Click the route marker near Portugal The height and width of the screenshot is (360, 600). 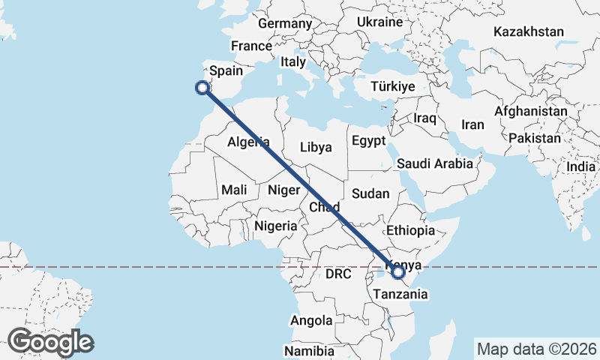(202, 88)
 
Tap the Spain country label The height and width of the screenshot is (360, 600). (226, 71)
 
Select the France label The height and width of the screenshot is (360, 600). (250, 46)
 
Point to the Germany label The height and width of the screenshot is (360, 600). (284, 23)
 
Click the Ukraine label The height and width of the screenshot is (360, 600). (379, 22)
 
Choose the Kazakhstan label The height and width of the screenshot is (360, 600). (528, 31)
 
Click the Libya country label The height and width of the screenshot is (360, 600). (315, 147)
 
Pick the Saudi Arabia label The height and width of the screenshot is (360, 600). (435, 163)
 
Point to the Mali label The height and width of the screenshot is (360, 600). (234, 190)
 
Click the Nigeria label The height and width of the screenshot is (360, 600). (276, 225)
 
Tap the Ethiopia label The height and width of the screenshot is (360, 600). (410, 230)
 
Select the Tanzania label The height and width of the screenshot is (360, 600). (401, 294)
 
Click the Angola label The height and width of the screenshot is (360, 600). (311, 320)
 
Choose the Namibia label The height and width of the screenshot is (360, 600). (308, 350)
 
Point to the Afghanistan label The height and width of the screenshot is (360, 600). (530, 111)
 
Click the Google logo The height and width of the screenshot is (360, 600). (51, 342)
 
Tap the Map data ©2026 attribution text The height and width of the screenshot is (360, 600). (537, 349)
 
